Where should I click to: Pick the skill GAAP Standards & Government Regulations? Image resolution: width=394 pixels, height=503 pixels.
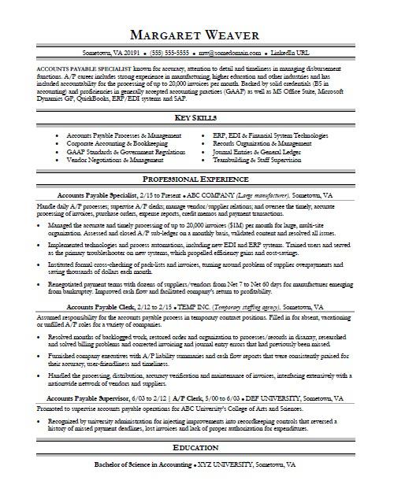(126, 152)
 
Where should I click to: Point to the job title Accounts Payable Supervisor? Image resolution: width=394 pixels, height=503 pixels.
(101, 420)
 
